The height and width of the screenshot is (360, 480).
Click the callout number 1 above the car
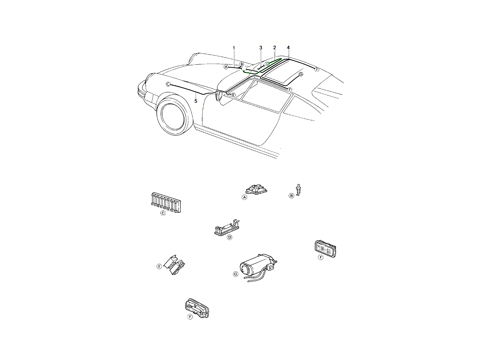234,48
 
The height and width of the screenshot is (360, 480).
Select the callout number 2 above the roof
275,48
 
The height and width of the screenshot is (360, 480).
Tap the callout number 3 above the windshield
261,48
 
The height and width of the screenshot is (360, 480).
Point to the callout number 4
288,48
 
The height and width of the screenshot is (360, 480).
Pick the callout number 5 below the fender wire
196,101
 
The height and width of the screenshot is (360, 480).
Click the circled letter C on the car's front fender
168,84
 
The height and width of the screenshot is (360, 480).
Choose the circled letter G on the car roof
301,74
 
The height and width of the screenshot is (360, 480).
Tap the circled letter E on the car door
233,95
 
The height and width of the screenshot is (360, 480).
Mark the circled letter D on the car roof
267,64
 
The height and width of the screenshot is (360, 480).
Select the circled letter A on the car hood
226,67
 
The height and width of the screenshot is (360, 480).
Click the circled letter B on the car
242,64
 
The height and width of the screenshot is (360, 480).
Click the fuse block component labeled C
166,202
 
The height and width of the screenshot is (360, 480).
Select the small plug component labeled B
298,190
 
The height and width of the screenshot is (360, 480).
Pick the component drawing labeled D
226,228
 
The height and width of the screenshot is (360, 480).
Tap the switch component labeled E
174,265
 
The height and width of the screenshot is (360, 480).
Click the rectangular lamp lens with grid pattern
325,249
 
